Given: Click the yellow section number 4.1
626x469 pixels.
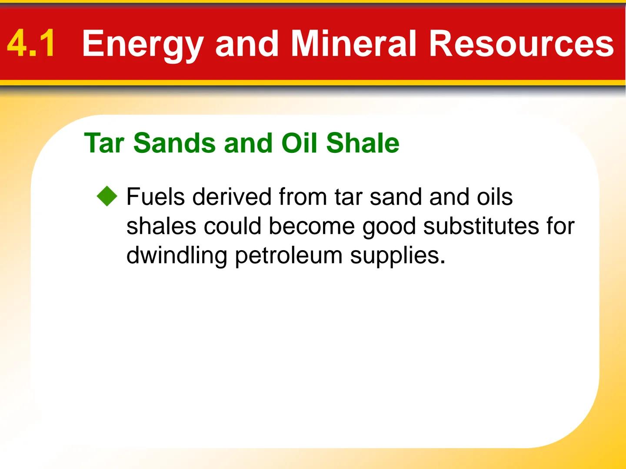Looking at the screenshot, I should click(31, 43).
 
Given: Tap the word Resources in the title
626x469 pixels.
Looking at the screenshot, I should click(521, 43).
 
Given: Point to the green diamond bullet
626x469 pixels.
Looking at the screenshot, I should click(107, 197).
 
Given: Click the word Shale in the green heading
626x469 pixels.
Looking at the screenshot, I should click(363, 143).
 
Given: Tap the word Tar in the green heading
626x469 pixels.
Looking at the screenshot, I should click(104, 143).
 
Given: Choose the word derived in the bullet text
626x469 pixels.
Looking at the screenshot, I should click(231, 197).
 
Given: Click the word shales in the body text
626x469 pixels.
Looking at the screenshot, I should click(161, 226).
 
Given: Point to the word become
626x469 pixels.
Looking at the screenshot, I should click(311, 226).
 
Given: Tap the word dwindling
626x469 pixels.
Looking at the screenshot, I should click(176, 256).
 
